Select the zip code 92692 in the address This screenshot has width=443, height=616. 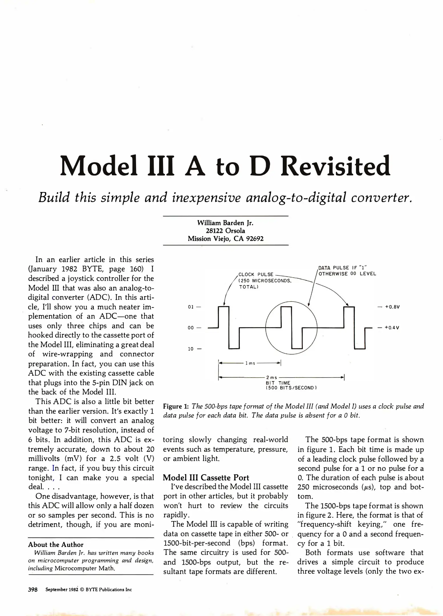tap(254, 239)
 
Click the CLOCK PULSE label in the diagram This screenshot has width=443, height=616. tap(256, 274)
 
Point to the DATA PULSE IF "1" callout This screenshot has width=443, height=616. tap(342, 268)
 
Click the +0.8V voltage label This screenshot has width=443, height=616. tap(392, 307)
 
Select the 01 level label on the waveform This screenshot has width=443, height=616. tap(190, 307)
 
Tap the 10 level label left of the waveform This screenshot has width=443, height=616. tap(190, 349)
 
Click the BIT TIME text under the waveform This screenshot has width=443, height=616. tap(278, 383)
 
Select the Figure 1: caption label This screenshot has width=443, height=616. tap(176, 406)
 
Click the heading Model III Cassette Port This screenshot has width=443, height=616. tap(206, 478)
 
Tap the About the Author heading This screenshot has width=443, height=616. tap(56, 545)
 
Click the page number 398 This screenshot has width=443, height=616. tap(33, 590)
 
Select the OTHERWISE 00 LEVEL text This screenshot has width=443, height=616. tap(347, 274)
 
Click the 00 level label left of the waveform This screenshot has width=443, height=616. tap(190, 328)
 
